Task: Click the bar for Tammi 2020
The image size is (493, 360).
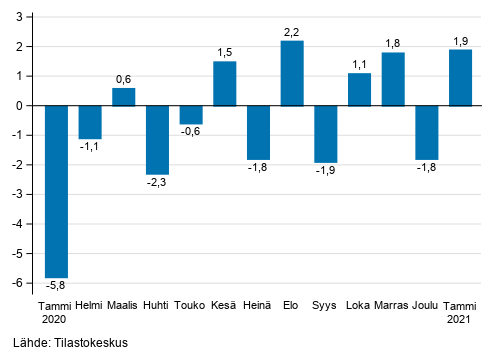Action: pyautogui.click(x=56, y=191)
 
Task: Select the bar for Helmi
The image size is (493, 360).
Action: pyautogui.click(x=90, y=122)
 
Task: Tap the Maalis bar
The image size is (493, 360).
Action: pyautogui.click(x=123, y=97)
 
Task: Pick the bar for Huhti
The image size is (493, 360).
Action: pyautogui.click(x=157, y=140)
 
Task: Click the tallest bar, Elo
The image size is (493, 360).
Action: pyautogui.click(x=292, y=73)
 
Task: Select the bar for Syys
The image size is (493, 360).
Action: pyautogui.click(x=325, y=134)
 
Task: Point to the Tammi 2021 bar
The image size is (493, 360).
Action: pyautogui.click(x=460, y=77)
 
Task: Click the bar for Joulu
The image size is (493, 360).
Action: pyautogui.click(x=426, y=132)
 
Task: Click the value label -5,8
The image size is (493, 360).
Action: pyautogui.click(x=57, y=286)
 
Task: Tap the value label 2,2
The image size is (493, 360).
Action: pyautogui.click(x=292, y=32)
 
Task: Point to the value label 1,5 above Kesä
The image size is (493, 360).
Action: pyautogui.click(x=224, y=52)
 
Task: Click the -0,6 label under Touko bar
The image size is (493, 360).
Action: pyautogui.click(x=191, y=132)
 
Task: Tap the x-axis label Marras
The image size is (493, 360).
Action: pyautogui.click(x=393, y=306)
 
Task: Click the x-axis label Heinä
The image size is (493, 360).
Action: pyautogui.click(x=258, y=306)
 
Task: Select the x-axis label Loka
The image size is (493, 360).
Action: pyautogui.click(x=359, y=306)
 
